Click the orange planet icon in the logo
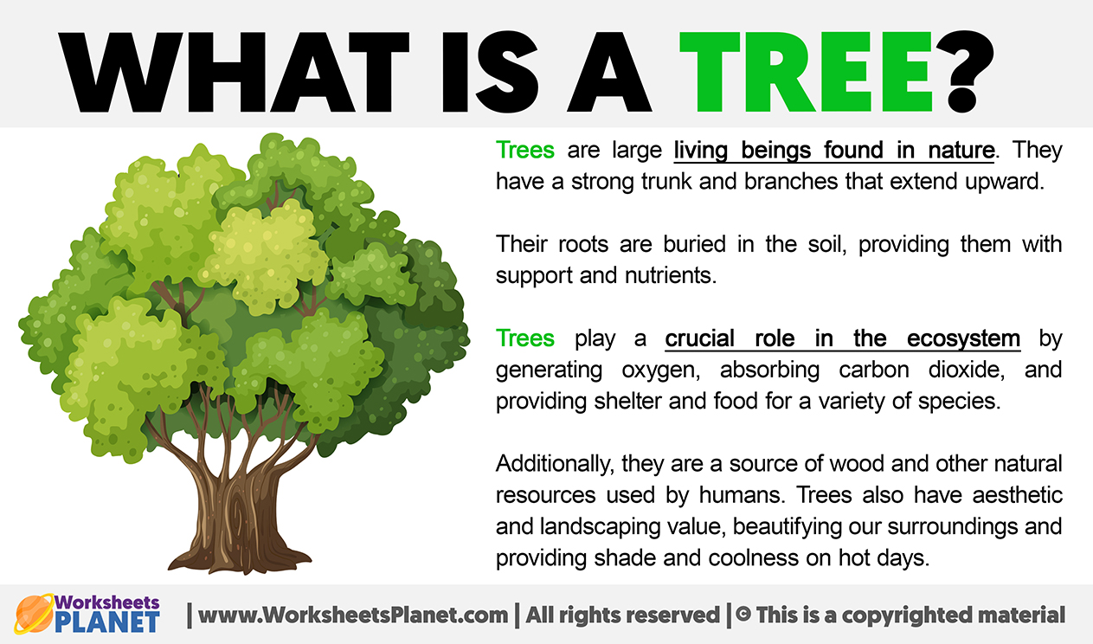click(34, 614)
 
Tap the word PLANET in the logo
click(107, 622)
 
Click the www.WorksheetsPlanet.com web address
click(353, 615)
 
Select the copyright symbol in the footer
click(743, 615)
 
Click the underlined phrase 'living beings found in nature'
click(834, 151)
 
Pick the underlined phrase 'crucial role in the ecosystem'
click(842, 338)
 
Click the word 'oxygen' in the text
click(661, 370)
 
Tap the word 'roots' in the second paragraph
click(583, 244)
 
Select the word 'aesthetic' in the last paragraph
click(1017, 495)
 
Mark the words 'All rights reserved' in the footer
click(622, 615)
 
